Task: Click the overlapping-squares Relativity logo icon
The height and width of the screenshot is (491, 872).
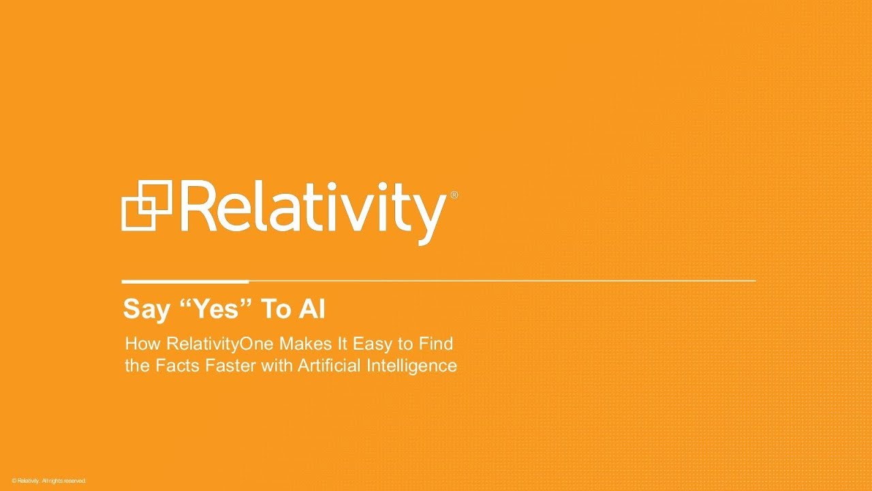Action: click(x=146, y=205)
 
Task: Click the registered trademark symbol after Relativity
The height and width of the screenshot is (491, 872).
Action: click(x=454, y=195)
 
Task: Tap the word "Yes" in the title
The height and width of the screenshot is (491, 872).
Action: click(x=216, y=309)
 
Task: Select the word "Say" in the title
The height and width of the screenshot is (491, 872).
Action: click(x=146, y=310)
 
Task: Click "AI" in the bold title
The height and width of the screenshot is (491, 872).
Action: click(x=312, y=309)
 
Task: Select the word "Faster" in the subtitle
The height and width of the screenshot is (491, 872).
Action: click(x=230, y=366)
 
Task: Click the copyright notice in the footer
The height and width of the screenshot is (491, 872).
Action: click(x=48, y=481)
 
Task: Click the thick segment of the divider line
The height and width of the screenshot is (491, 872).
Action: click(x=185, y=282)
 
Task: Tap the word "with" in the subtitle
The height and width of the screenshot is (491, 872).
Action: click(x=277, y=366)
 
